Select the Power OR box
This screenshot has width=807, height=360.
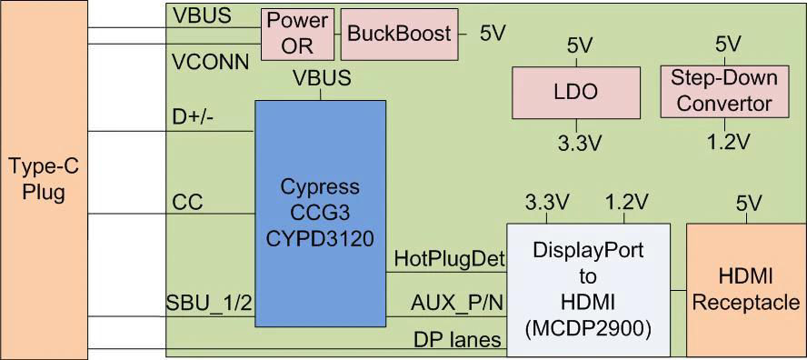298,34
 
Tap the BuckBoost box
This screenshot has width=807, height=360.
400,34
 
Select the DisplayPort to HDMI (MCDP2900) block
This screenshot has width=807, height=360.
588,289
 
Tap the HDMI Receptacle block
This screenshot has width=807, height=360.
745,289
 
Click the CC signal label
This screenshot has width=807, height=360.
186,201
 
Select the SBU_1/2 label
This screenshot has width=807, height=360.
209,303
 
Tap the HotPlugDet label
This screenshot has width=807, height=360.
449,259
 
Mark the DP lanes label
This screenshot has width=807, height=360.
457,339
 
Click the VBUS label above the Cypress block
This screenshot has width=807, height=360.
322,78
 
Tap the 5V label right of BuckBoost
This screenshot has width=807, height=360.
493,34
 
